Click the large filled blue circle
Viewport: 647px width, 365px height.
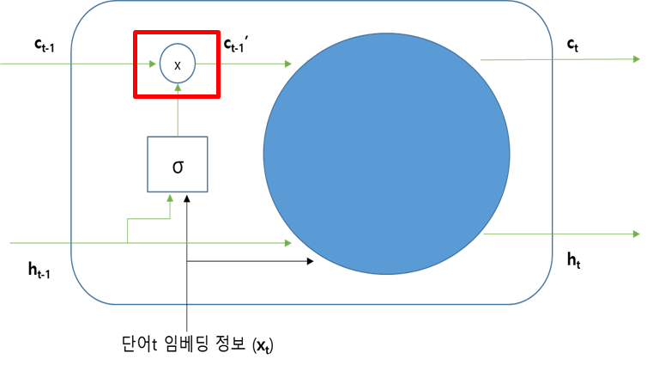click(386, 154)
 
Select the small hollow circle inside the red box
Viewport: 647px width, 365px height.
click(178, 64)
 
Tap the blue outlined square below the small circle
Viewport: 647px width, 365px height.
click(178, 164)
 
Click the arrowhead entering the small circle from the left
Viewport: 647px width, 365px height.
click(153, 64)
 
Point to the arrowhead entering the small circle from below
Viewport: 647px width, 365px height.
click(178, 87)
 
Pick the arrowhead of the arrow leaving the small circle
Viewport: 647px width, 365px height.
click(288, 64)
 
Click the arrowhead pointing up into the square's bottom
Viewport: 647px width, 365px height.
click(170, 198)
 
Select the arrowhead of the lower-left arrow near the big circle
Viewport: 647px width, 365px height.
click(288, 243)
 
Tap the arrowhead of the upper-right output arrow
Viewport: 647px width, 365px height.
click(636, 59)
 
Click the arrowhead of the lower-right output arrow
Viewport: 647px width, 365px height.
click(636, 234)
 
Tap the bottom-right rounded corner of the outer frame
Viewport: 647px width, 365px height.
click(538, 289)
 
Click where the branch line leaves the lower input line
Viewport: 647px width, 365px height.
click(128, 243)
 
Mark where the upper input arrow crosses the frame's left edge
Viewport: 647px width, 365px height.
click(71, 64)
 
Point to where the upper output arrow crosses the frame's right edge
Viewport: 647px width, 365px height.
click(552, 59)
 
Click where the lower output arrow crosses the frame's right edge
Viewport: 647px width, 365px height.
click(552, 234)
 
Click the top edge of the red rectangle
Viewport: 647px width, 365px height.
click(177, 33)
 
